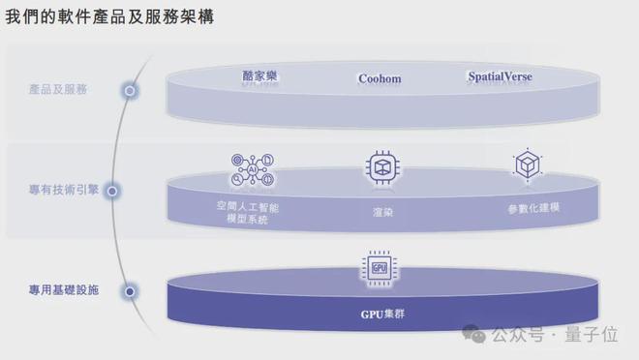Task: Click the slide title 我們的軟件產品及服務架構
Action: (110, 17)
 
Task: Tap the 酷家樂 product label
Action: (260, 76)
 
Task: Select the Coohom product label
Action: (380, 78)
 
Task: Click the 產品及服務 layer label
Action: (58, 90)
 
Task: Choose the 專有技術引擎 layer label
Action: (58, 191)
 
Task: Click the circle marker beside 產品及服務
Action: (130, 90)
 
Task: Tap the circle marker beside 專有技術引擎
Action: (112, 191)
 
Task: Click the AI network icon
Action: (254, 168)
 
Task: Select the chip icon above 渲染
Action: (381, 166)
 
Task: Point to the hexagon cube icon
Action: (527, 165)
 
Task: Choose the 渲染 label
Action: (382, 210)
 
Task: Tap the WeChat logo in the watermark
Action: (474, 335)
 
